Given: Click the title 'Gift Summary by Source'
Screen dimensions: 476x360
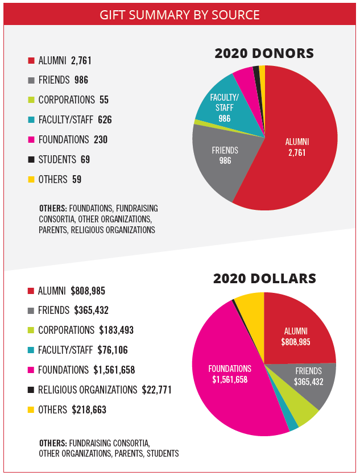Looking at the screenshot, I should tap(180, 14).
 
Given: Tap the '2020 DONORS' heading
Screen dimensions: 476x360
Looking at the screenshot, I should tap(264, 53).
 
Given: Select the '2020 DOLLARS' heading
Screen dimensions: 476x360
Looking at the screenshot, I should tap(264, 279).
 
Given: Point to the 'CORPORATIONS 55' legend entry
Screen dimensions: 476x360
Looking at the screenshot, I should tap(73, 100).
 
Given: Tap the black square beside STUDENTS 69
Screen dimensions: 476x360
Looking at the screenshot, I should tap(31, 160).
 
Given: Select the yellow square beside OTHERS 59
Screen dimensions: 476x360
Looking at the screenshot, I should tap(31, 180).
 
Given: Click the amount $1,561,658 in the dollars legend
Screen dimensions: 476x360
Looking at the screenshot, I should tap(114, 370).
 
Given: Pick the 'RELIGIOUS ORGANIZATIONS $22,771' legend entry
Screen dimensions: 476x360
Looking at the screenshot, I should tap(105, 390).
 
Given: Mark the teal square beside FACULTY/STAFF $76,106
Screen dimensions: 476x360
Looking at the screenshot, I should tap(31, 350).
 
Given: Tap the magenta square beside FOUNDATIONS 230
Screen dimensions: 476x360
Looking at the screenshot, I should tap(31, 140).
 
